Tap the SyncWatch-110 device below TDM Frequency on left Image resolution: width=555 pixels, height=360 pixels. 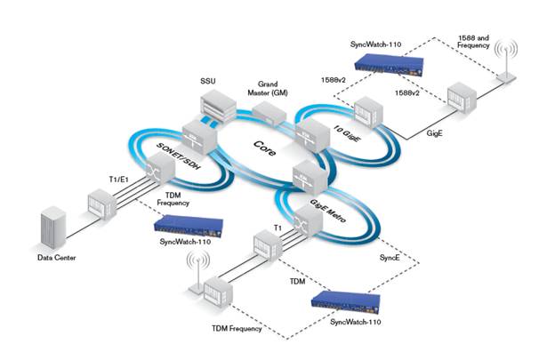tap(186, 228)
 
